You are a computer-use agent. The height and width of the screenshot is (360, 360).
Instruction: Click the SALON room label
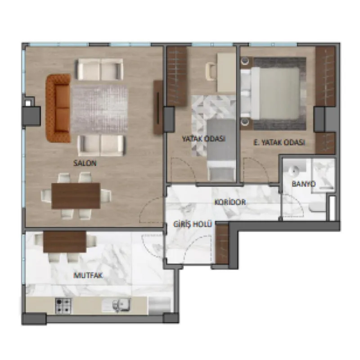pyautogui.click(x=85, y=163)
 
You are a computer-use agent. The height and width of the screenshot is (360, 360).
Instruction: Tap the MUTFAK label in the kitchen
pyautogui.click(x=88, y=275)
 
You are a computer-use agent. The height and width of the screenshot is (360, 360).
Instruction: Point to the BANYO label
pyautogui.click(x=303, y=184)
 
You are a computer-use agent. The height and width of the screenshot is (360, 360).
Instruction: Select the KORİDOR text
pyautogui.click(x=230, y=202)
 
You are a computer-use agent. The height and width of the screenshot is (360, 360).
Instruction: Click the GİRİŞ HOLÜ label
pyautogui.click(x=193, y=224)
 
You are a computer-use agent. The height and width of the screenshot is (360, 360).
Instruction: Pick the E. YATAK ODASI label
pyautogui.click(x=279, y=143)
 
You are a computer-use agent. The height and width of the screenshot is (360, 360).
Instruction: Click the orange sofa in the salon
pyautogui.click(x=58, y=108)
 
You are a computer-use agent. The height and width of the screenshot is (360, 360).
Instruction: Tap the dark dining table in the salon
pyautogui.click(x=76, y=196)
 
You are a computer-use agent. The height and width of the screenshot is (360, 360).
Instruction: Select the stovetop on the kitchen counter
pyautogui.click(x=63, y=306)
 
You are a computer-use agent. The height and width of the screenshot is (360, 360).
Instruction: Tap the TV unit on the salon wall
pyautogui.click(x=158, y=107)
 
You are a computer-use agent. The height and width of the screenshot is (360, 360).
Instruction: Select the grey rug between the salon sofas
pyautogui.click(x=99, y=109)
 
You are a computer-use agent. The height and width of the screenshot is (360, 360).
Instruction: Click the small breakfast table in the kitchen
pyautogui.click(x=65, y=242)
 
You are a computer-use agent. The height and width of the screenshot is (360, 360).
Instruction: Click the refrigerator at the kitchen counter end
pyautogui.click(x=160, y=306)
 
